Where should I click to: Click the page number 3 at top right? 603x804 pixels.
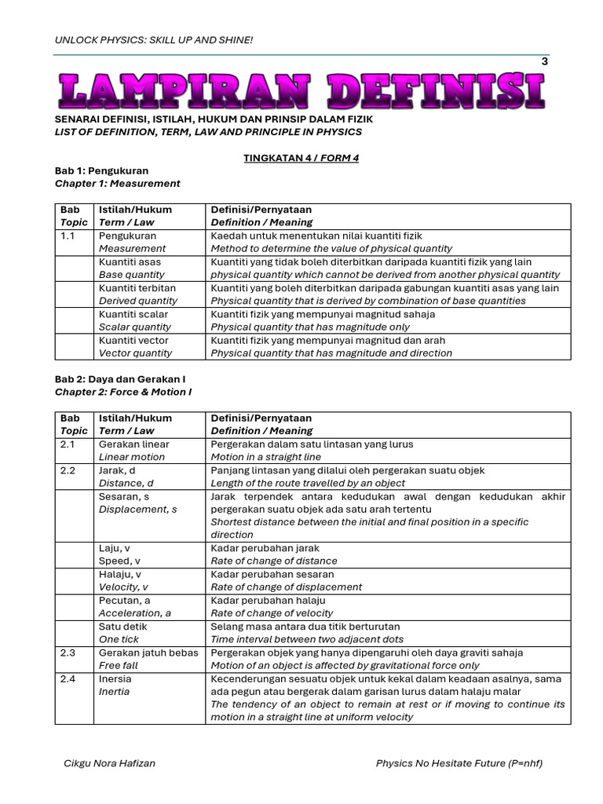pos(545,62)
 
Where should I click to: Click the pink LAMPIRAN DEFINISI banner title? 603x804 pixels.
pos(301,90)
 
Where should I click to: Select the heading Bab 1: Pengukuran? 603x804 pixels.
pos(101,170)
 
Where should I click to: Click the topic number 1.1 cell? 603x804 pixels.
pos(68,236)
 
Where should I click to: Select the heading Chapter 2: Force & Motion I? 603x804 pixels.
pos(123,392)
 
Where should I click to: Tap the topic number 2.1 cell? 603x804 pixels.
pos(68,444)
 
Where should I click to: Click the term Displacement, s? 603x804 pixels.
pos(137,510)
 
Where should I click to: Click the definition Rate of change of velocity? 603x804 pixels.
pos(272,613)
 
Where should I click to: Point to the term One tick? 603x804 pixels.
pos(119,639)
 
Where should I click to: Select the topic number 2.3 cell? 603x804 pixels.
pos(68,652)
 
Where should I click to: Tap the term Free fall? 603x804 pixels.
pos(118,665)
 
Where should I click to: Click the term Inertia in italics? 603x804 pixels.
pos(115,692)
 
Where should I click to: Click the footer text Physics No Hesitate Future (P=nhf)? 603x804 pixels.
pos(459,763)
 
